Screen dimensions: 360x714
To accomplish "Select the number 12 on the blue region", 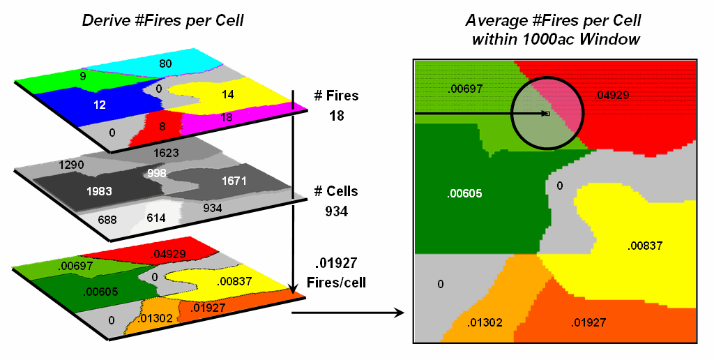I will tap(100, 105).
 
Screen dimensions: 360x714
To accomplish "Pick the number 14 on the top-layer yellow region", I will tap(227, 94).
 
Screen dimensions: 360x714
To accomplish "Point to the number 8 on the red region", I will tap(162, 126).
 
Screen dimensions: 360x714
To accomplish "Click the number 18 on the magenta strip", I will tap(226, 118).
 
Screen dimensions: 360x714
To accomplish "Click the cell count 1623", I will tap(167, 152).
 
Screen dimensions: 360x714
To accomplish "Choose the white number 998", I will tap(157, 172).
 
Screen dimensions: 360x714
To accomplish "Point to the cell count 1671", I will tap(234, 181).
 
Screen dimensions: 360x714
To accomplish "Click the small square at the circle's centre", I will tap(547, 113).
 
